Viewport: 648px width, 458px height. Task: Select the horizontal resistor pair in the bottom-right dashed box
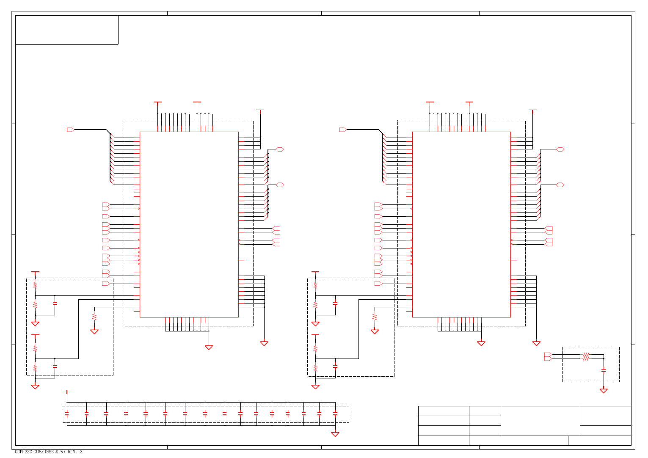[585, 357]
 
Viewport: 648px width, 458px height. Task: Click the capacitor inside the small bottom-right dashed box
[604, 370]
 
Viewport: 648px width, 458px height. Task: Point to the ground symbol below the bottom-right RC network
[604, 391]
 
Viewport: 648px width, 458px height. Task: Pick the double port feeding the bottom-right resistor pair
[548, 357]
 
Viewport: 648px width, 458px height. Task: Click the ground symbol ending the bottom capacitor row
[335, 434]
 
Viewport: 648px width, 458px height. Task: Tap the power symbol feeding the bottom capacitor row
[66, 391]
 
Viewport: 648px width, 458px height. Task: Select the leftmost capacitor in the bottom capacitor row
[66, 414]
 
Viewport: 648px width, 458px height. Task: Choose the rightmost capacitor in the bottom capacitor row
[335, 414]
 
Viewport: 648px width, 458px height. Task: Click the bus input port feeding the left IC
[71, 130]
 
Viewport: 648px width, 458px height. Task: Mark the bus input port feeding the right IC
[343, 130]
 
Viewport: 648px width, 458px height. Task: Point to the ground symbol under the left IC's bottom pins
[209, 347]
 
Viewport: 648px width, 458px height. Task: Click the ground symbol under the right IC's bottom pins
[481, 343]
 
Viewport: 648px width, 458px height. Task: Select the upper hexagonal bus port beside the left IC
[280, 149]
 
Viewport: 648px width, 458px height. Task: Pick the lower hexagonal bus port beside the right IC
[560, 185]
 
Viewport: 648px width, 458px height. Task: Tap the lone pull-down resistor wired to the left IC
[94, 317]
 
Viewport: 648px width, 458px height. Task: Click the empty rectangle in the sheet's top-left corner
[67, 30]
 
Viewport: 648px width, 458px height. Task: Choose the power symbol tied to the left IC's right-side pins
[260, 111]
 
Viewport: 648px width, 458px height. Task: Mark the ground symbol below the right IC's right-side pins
[536, 343]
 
